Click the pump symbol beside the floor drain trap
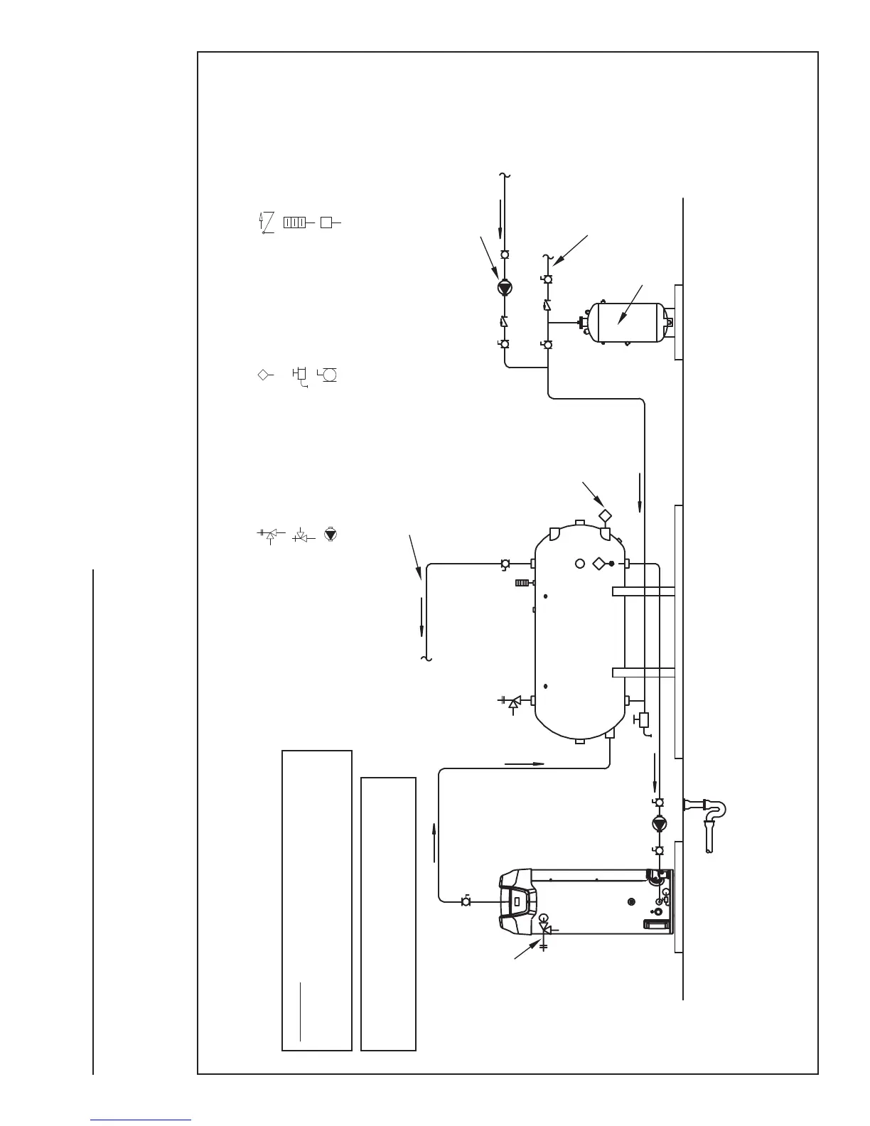tap(659, 825)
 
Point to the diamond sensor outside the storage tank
tap(604, 515)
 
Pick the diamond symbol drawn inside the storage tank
tap(598, 564)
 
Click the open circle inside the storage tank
tap(580, 564)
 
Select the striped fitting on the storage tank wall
tap(523, 584)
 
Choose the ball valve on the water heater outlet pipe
tap(466, 901)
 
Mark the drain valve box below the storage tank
tap(644, 719)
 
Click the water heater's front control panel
tap(517, 901)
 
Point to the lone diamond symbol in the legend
tap(262, 374)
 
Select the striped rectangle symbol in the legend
tap(294, 222)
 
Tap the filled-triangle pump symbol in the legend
tap(330, 533)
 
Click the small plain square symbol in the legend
tap(326, 222)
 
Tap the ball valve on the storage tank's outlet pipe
tap(505, 564)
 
